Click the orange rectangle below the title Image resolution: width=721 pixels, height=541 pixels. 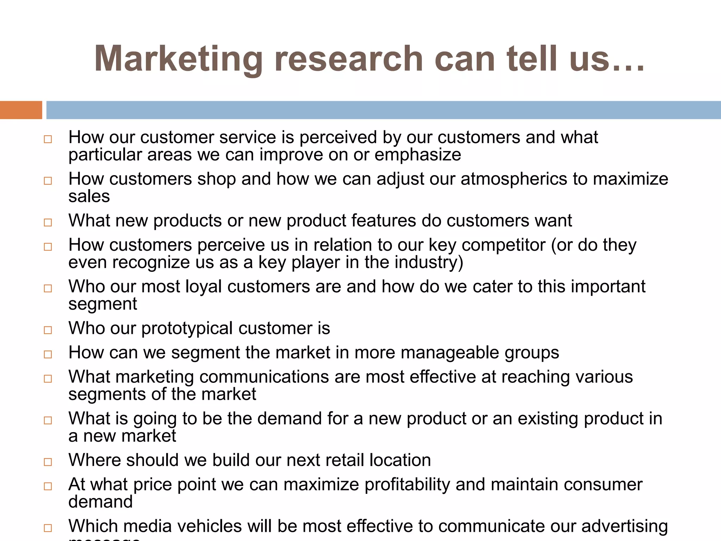pyautogui.click(x=21, y=110)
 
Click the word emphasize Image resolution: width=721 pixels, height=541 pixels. pyautogui.click(x=418, y=155)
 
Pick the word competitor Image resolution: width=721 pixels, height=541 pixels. pyautogui.click(x=503, y=245)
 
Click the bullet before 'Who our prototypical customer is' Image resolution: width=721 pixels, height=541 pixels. pyautogui.click(x=48, y=330)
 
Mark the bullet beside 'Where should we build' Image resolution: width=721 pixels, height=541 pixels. pyautogui.click(x=48, y=462)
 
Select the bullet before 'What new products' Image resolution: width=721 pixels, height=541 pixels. pyautogui.click(x=48, y=223)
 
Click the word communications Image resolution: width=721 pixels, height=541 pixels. pyautogui.click(x=264, y=377)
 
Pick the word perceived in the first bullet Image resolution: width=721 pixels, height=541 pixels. pyautogui.click(x=338, y=137)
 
